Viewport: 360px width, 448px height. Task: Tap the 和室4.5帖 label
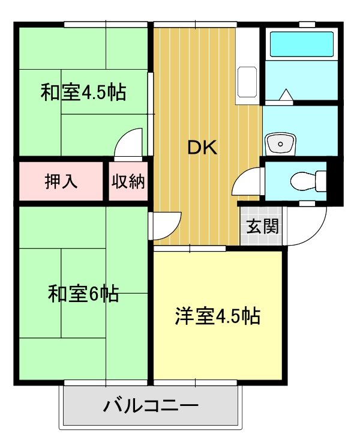point(83,93)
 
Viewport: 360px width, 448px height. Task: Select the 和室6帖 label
point(83,294)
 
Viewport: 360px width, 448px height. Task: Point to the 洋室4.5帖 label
point(218,316)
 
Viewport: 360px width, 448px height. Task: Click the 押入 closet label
point(61,181)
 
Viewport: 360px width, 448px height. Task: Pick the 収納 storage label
point(128,181)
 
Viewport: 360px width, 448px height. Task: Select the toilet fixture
point(306,180)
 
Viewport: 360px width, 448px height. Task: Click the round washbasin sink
point(280,144)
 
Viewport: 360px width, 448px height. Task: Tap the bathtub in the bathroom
point(302,44)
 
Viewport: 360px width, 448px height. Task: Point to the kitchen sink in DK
point(247,82)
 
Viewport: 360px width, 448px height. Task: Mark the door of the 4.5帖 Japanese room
point(130,142)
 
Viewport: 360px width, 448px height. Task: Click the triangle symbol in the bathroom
point(286,94)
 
